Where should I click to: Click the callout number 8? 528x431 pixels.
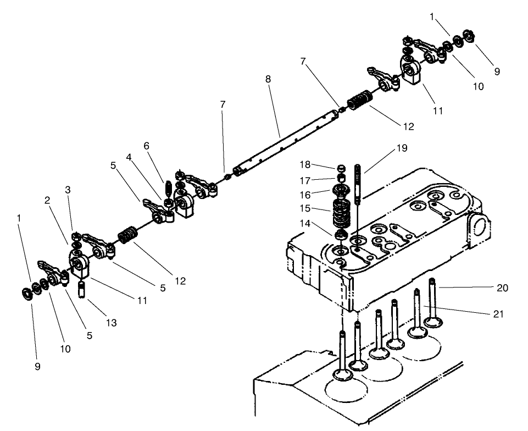[x=268, y=79]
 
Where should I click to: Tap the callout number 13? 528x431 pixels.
[x=111, y=323]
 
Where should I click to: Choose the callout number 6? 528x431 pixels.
[x=146, y=146]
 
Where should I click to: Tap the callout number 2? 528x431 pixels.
[x=48, y=201]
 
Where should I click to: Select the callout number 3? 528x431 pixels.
[x=68, y=190]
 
